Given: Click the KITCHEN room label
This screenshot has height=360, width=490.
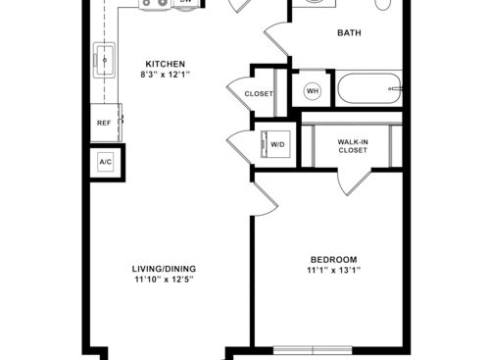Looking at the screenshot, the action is tap(166, 64).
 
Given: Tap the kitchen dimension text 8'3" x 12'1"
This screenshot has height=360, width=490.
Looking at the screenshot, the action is tap(166, 75).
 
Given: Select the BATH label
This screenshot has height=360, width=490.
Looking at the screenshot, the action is tap(349, 32).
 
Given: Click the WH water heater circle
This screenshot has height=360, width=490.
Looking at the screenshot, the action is tap(313, 90).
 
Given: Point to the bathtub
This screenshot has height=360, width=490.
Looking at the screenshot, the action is tap(369, 88).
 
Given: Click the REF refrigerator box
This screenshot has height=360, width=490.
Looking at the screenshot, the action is tap(105, 123).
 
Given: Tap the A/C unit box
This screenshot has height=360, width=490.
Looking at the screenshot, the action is tap(106, 162).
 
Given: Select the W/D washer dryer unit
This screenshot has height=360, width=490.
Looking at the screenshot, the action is tap(275, 144).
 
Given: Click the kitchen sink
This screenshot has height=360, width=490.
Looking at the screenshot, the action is tap(104, 60).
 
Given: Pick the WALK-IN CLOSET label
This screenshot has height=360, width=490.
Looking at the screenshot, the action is tap(353, 146).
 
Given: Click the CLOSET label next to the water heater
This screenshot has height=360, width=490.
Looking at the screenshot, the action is tap(259, 94).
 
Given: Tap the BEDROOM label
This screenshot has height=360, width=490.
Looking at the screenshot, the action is tap(333, 260).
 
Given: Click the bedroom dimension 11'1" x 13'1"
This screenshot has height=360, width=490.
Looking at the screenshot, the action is tap(333, 271).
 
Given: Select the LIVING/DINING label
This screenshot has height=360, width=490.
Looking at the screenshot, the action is tap(164, 269).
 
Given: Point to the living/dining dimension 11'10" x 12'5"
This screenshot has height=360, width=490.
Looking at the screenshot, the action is tap(164, 280).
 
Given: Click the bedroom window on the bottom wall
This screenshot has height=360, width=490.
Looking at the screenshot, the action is tap(313, 350).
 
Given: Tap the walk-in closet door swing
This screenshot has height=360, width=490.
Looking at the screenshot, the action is tap(354, 183).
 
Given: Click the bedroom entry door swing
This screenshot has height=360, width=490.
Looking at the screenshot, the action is tap(265, 199).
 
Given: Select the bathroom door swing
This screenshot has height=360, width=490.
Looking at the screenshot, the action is tap(276, 39).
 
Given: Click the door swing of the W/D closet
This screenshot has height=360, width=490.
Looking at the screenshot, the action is tap(240, 146).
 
